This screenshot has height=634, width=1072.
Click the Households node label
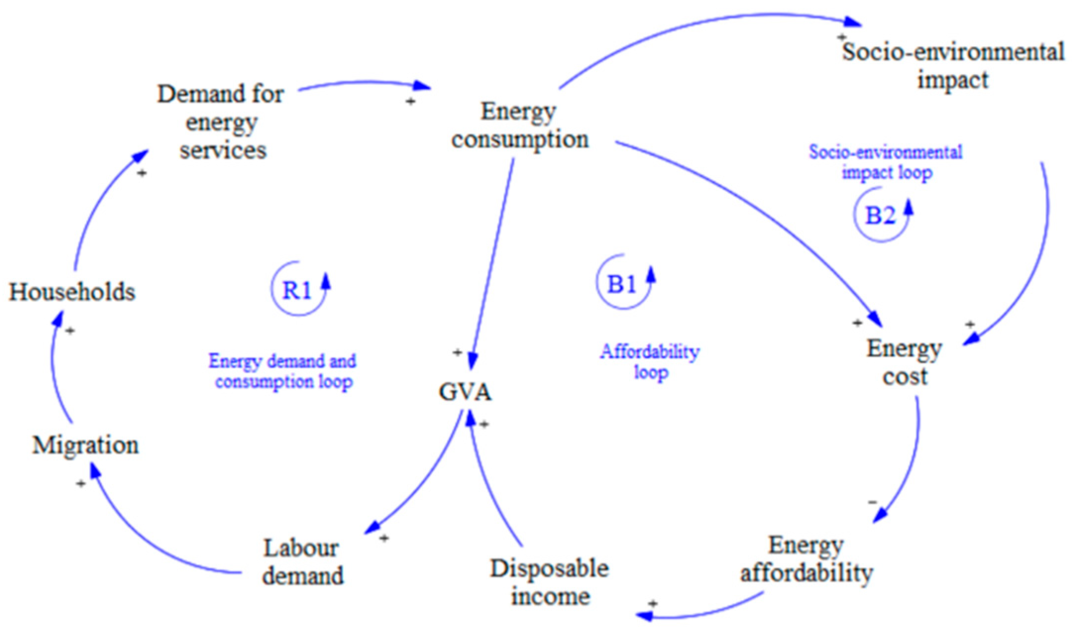72,292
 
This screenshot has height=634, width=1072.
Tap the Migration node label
86,445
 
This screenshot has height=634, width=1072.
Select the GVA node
465,393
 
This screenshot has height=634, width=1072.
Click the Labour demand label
303,562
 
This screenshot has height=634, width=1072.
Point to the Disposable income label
549,582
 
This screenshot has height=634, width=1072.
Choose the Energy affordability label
806,559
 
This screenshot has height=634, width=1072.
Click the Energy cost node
904,363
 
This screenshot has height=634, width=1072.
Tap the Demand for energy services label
221,122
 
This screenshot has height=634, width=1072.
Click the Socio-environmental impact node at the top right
953,65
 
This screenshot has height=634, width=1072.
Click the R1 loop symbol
297,290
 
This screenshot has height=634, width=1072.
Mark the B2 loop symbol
880,216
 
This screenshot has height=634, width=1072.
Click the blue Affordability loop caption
650,362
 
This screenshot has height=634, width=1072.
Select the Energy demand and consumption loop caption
282,371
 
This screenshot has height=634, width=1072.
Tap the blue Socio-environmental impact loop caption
886,162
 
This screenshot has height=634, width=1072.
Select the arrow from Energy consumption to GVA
492,263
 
